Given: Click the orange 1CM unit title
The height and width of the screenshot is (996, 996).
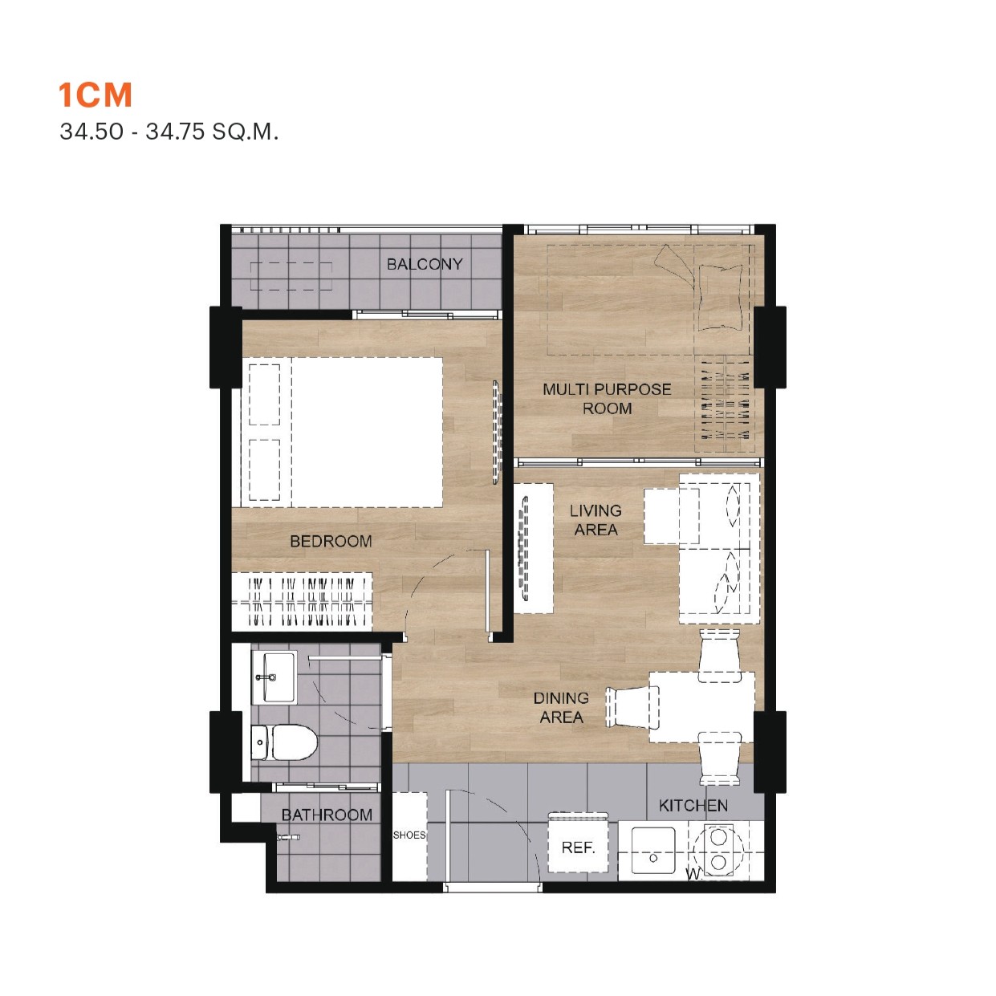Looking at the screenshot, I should (95, 96).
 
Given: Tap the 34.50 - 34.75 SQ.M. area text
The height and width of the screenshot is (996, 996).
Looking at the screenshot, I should (169, 132).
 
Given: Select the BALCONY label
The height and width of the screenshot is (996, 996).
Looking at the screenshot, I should (425, 264).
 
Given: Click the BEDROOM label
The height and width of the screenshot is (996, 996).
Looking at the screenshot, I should (331, 542).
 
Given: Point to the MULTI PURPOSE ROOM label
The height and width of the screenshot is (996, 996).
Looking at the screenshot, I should (607, 399).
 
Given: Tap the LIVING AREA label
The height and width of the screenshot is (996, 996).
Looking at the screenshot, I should (596, 520).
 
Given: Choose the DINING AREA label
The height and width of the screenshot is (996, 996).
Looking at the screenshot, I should (561, 708).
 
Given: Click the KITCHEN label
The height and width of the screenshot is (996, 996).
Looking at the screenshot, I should (693, 806).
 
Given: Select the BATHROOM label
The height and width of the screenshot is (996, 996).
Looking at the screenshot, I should (327, 815).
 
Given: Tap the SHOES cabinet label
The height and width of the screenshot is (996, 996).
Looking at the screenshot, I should (409, 835).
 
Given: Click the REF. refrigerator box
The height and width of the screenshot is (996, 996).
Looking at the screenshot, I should (578, 847).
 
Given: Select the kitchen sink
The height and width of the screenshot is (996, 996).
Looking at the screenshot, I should (652, 852).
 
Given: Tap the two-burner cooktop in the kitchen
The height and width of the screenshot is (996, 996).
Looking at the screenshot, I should (718, 850).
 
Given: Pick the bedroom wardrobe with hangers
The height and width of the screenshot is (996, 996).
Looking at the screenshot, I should (303, 601).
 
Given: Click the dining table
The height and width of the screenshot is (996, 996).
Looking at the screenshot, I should (701, 707).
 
